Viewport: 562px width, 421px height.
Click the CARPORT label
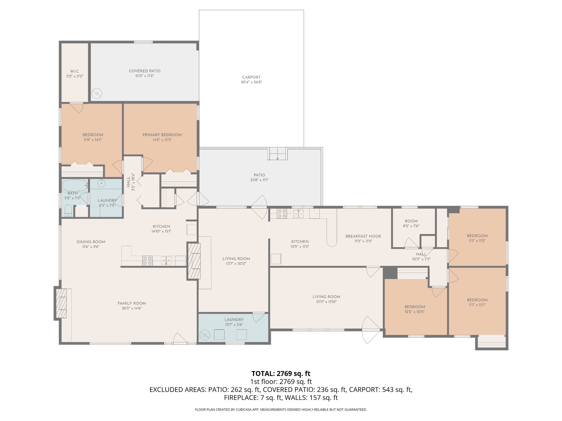click(x=251, y=77)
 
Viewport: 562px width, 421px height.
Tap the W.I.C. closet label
click(x=75, y=71)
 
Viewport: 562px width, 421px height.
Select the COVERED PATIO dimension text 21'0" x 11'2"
click(x=145, y=76)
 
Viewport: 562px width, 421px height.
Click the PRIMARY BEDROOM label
click(x=162, y=135)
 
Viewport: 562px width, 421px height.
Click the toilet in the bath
click(x=68, y=211)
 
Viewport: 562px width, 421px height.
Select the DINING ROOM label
click(x=91, y=242)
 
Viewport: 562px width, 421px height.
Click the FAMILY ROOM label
click(x=132, y=303)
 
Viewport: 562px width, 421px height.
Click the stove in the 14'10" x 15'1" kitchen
click(x=147, y=261)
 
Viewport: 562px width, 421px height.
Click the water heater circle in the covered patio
click(x=97, y=94)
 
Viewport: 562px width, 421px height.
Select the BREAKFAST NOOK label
click(x=363, y=236)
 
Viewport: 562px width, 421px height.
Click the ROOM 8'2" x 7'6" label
click(x=411, y=221)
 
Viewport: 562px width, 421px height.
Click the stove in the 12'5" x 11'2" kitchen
click(x=282, y=214)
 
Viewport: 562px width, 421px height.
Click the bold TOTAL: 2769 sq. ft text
click(x=281, y=374)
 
